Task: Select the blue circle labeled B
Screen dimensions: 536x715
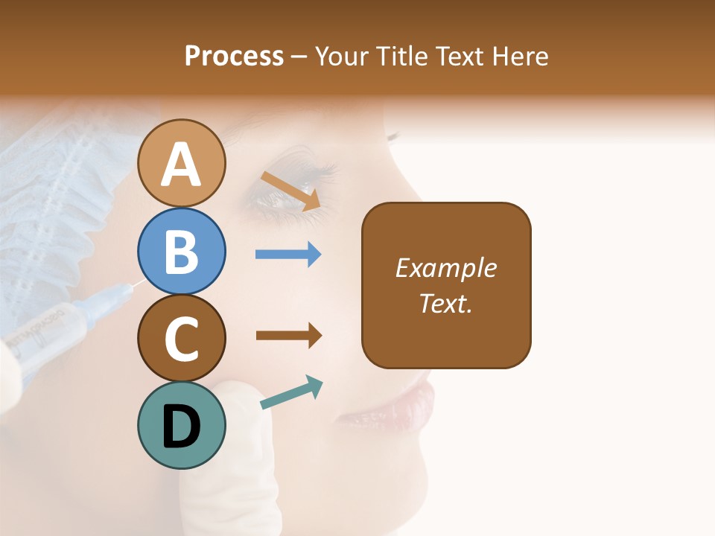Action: coord(182,251)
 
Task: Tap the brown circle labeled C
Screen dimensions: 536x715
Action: coord(182,338)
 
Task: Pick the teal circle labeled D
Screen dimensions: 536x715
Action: coord(182,425)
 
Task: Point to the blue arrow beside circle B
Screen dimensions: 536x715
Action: coord(288,255)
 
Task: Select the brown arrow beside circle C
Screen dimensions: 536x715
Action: coord(288,336)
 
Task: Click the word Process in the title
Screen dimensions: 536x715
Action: coord(234,57)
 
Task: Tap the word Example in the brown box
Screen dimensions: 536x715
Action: coord(445,268)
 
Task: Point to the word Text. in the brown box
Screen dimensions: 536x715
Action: coord(445,303)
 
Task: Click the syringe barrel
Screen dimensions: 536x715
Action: coord(52,335)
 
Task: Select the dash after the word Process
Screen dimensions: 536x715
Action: coord(299,57)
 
